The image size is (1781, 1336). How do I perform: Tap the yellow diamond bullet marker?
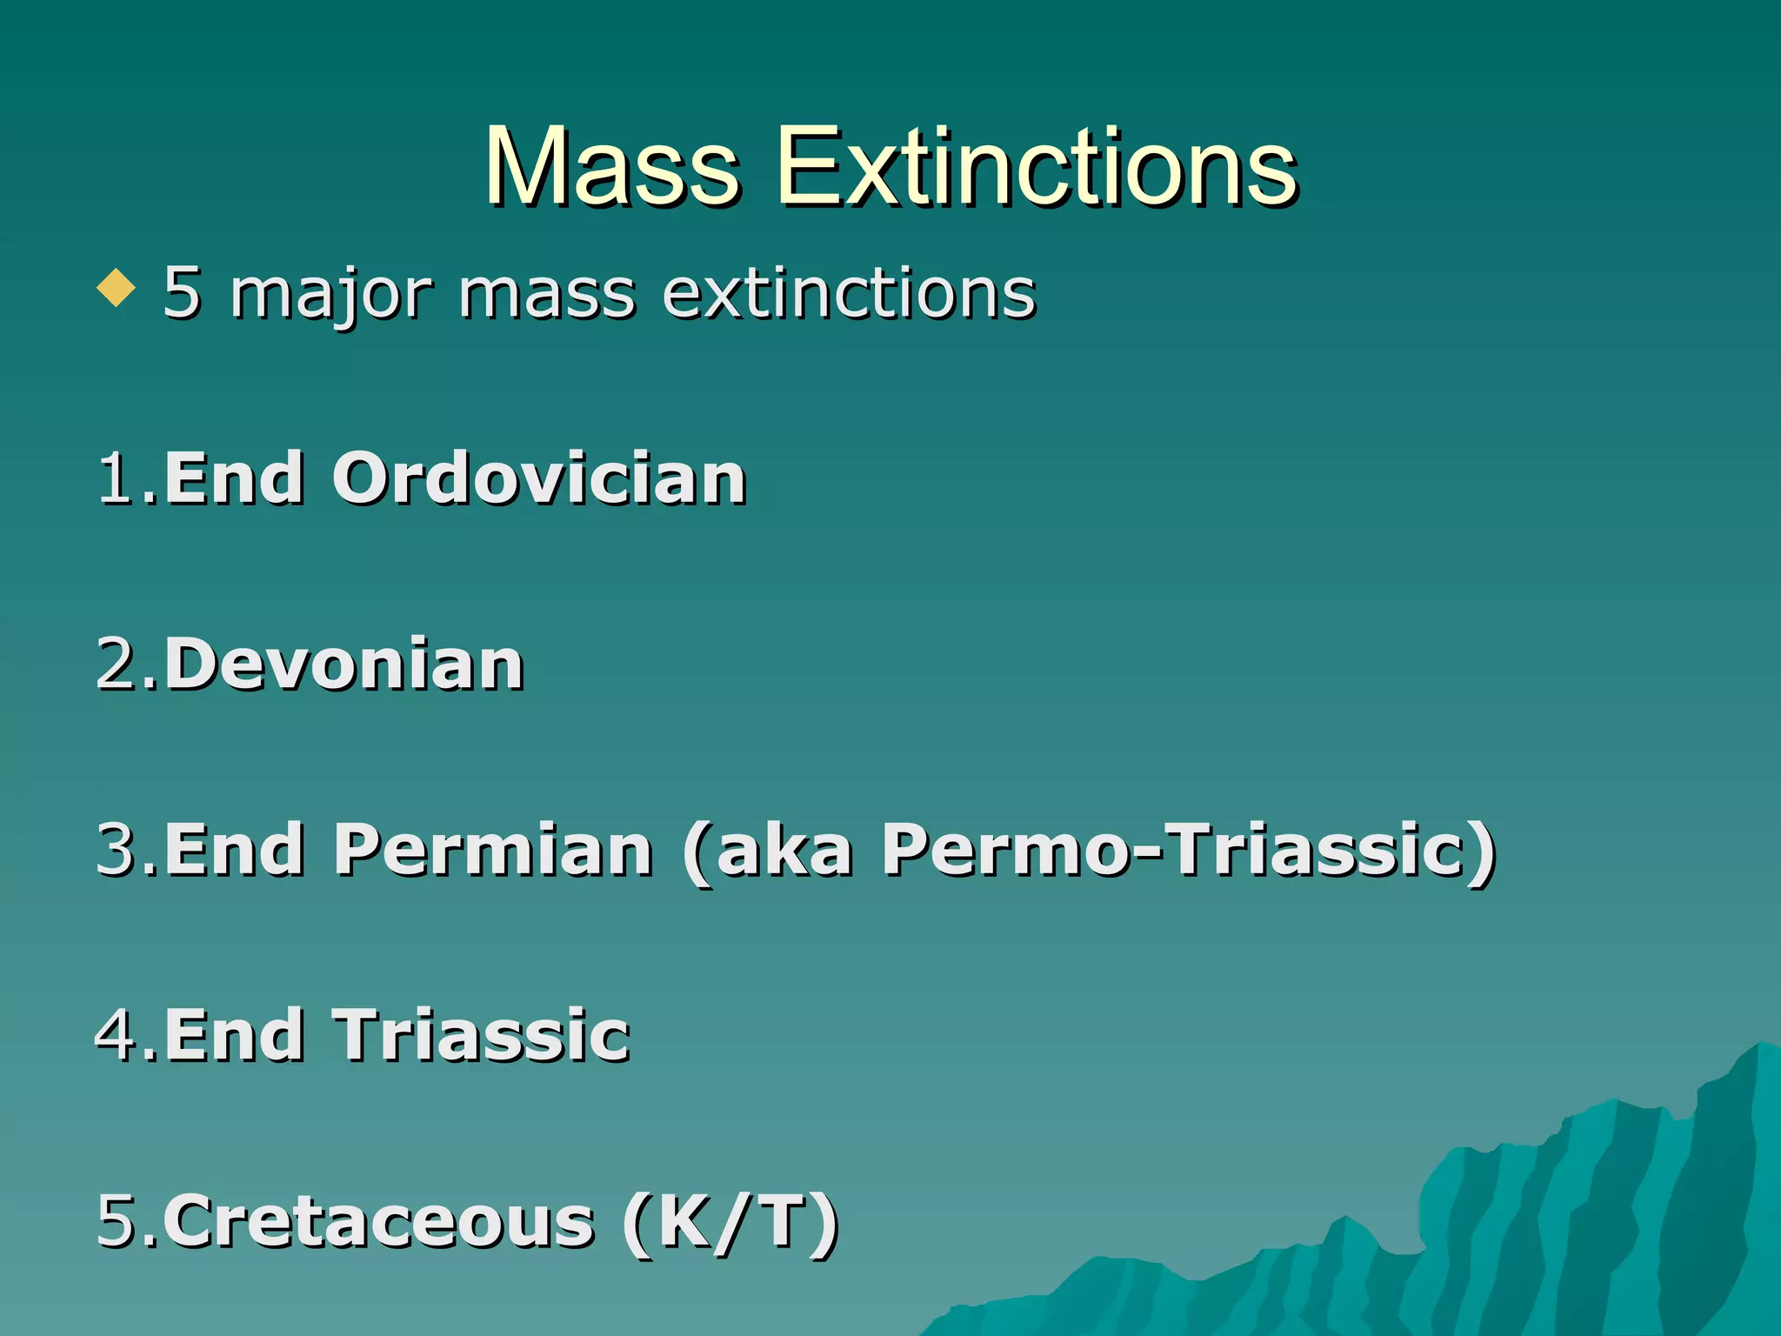point(117,289)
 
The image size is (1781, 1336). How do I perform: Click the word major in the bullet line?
point(330,294)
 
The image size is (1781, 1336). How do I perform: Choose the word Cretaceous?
point(379,1221)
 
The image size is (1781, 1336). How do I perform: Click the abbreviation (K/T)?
point(730,1221)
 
